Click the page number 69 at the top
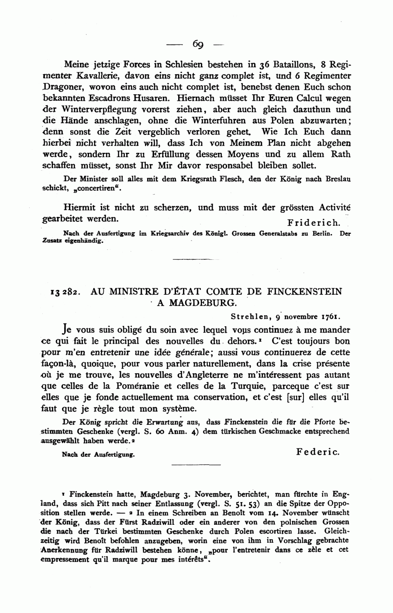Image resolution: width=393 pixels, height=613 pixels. (197, 44)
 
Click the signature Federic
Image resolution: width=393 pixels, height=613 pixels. (318, 452)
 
